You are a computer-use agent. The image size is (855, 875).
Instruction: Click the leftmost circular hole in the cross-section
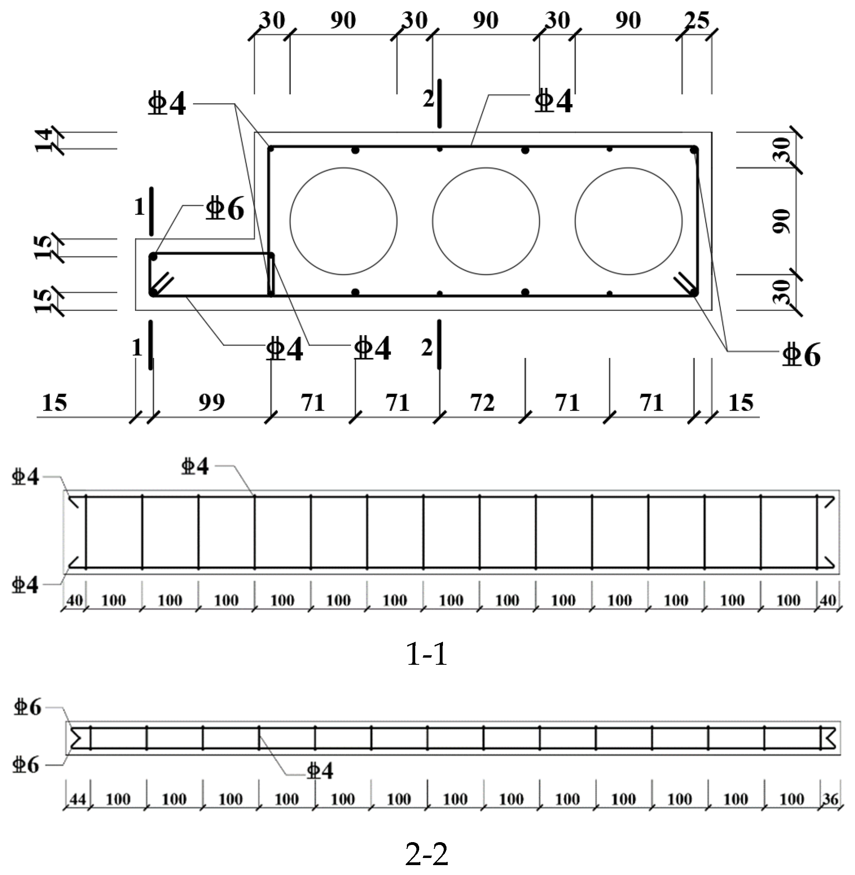point(344,221)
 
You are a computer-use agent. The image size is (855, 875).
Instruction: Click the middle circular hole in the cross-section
point(486,221)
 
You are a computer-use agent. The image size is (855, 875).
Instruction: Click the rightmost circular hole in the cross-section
point(628,221)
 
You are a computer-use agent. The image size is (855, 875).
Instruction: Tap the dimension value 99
point(212,403)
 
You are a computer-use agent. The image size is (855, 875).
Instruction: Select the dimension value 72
point(482,403)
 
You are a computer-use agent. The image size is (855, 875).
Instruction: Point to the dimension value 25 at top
point(697,21)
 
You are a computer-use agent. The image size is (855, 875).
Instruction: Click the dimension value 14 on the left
point(44,140)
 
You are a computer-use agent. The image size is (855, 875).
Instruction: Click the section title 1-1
point(427,653)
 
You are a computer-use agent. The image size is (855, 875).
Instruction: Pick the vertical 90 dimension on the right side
point(782,221)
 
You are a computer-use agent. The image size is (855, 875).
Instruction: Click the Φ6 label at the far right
point(801,354)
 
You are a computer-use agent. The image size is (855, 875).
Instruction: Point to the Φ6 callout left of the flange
point(225,209)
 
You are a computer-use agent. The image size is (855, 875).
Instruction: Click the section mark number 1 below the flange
point(137,348)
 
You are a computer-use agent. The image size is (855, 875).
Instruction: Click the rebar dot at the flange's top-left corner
point(153,257)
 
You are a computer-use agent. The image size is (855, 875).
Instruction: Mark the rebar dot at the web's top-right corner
point(694,149)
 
